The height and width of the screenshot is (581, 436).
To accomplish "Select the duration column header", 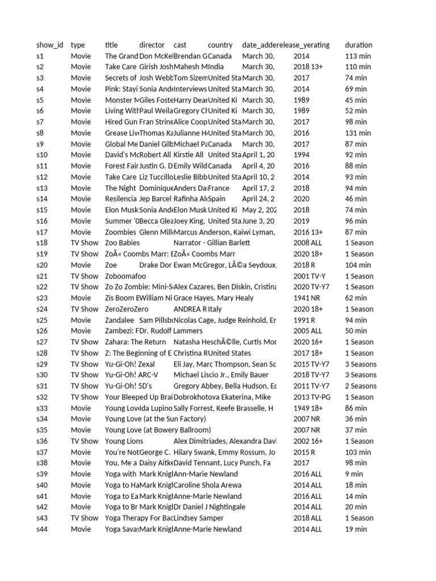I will tap(358, 45).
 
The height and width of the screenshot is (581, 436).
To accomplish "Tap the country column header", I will tap(220, 45).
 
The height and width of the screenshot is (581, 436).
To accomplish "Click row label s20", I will tap(43, 265).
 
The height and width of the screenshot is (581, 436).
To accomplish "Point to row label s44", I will tap(43, 529).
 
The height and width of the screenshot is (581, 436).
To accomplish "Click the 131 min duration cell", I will tap(358, 133).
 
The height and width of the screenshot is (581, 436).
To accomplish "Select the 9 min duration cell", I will tap(354, 474).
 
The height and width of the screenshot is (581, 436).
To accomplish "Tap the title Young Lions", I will tap(124, 441).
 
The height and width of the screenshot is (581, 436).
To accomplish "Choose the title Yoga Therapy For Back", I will tap(139, 518).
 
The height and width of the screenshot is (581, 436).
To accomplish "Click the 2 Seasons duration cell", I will tap(360, 386).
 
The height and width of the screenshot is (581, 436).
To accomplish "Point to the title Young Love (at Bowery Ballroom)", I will tap(158, 430).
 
